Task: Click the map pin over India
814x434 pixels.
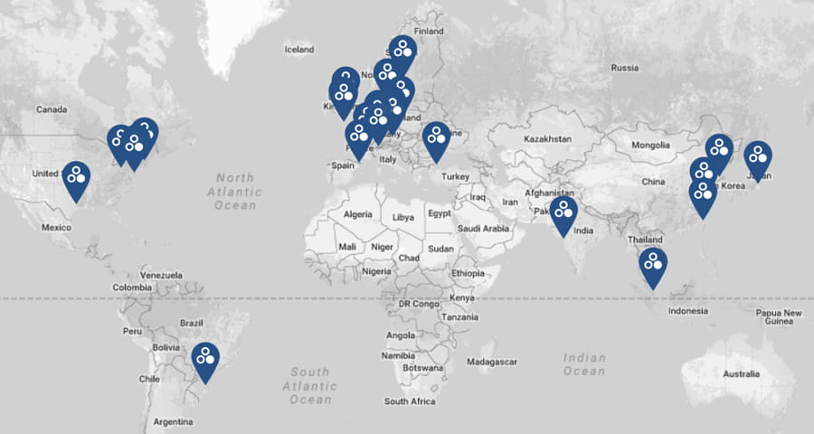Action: pos(564,213)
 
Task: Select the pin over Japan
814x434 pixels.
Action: pos(758,158)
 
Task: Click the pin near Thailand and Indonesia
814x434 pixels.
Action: pos(652,265)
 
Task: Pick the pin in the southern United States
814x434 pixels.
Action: pos(76,178)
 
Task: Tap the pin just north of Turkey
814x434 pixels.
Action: pos(436,138)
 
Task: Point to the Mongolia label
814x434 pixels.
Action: pos(650,146)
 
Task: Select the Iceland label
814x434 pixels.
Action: pos(298,50)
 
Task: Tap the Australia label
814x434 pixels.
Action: pos(740,374)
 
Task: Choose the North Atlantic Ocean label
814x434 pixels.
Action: pos(234,192)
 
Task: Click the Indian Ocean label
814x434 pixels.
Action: pos(584,364)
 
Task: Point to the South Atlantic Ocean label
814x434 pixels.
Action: pos(310,385)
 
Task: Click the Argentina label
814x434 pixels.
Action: pos(173,421)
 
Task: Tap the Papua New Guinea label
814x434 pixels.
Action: pos(779,317)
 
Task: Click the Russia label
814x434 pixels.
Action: pos(625,68)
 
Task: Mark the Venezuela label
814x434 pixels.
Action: pos(162,274)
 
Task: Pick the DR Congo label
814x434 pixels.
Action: pos(417,305)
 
